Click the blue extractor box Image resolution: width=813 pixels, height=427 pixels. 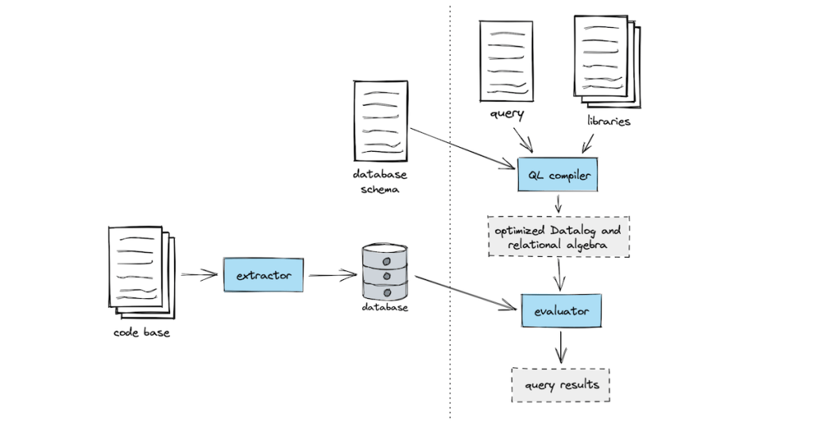[x=263, y=275]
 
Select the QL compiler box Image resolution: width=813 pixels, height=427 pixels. [x=556, y=175]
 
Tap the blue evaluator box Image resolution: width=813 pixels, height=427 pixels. [x=560, y=311]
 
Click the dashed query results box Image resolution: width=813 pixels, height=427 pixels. [x=560, y=385]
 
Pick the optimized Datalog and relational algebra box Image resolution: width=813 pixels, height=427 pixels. [x=558, y=237]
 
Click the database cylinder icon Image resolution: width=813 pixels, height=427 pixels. [x=385, y=270]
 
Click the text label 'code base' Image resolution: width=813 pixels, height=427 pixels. [x=141, y=332]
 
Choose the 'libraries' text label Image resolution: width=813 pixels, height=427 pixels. [x=609, y=122]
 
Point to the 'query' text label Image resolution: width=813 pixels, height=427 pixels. [x=507, y=114]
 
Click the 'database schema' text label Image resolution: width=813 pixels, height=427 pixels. [x=380, y=182]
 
